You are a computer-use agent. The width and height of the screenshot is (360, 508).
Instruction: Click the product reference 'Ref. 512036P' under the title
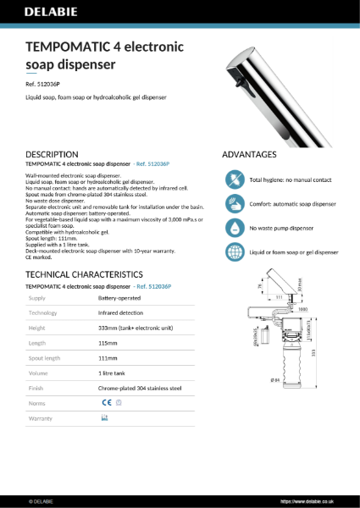click(x=43, y=84)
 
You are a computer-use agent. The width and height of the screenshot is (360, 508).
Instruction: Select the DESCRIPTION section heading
click(x=53, y=154)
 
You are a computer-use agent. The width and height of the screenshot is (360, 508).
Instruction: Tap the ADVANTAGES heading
click(x=249, y=155)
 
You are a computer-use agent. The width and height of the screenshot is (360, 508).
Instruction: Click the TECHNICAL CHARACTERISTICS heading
click(x=83, y=275)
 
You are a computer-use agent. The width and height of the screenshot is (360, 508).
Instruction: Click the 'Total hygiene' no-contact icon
click(x=234, y=180)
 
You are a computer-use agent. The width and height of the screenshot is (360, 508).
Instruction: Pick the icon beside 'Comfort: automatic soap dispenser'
click(x=234, y=204)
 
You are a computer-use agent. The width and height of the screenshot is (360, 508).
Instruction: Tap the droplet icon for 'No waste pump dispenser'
click(x=234, y=229)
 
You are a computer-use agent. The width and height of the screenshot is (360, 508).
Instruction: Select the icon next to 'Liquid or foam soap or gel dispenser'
click(x=234, y=252)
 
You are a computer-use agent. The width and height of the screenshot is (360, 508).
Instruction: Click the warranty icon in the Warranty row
click(x=104, y=418)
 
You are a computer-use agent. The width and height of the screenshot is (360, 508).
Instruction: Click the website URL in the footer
click(x=310, y=501)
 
